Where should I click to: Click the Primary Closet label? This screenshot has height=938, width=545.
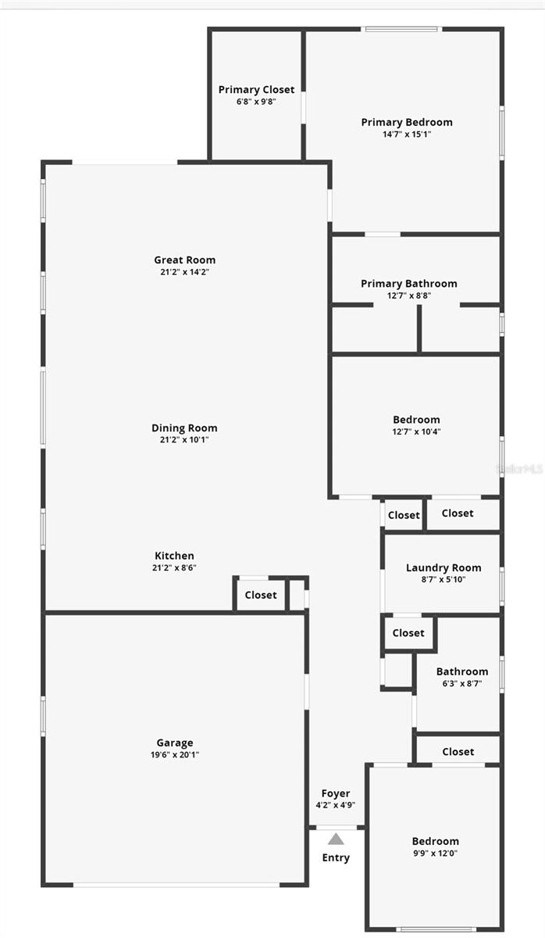[256, 90]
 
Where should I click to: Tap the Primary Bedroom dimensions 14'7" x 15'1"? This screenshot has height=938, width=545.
[407, 134]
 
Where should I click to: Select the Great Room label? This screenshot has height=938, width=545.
[185, 260]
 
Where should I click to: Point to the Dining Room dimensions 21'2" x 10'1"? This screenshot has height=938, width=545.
[184, 439]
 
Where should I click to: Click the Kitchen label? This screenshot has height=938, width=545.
[174, 556]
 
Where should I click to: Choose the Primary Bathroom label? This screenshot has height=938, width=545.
[409, 284]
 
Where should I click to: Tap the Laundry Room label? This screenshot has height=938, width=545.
[443, 567]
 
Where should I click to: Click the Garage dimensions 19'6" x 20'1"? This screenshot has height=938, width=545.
[175, 754]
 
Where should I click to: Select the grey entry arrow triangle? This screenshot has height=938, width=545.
[336, 839]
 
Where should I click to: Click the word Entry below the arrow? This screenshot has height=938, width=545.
[336, 857]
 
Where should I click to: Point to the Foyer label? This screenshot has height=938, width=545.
[336, 793]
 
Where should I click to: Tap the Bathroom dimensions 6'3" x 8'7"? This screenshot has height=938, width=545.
[462, 684]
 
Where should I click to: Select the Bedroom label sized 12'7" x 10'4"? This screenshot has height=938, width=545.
[416, 420]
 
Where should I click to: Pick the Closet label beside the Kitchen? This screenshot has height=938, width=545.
[261, 595]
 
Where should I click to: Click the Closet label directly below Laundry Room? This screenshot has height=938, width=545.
[408, 632]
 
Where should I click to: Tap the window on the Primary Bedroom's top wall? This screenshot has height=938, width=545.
[401, 30]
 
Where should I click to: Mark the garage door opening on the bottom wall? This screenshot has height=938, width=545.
[176, 884]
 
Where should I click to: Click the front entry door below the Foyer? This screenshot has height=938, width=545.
[337, 828]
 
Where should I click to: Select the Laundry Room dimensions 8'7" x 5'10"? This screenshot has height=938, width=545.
[443, 579]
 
